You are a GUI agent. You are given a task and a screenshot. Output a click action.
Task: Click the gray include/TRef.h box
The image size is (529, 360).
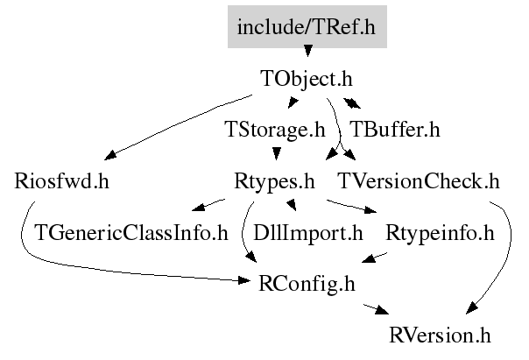click(x=307, y=26)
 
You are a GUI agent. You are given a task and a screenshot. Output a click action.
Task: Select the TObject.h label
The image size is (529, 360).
click(x=307, y=79)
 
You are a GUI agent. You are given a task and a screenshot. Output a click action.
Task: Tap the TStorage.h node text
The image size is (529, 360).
click(x=275, y=130)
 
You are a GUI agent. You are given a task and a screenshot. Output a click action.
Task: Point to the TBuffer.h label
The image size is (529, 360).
click(x=395, y=130)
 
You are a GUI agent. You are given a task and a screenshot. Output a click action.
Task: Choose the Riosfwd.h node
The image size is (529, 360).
click(x=61, y=181)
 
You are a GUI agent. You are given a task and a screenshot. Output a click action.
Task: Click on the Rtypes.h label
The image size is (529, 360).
click(x=274, y=182)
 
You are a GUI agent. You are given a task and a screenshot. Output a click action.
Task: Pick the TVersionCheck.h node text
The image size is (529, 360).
click(x=419, y=181)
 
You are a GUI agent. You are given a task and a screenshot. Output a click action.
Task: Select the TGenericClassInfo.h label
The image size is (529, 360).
click(x=131, y=233)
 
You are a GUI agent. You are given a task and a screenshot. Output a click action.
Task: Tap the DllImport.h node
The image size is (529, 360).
click(x=308, y=234)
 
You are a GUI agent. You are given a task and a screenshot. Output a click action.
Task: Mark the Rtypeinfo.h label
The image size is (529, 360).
click(x=440, y=234)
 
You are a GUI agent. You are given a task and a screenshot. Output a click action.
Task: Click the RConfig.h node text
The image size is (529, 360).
click(x=307, y=284)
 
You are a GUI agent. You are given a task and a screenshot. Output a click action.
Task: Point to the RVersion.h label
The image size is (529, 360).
click(x=440, y=335)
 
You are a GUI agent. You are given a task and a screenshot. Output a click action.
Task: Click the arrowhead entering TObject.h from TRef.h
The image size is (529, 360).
click(x=307, y=51)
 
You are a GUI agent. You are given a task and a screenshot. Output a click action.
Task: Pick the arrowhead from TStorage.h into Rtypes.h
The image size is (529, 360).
click(x=277, y=154)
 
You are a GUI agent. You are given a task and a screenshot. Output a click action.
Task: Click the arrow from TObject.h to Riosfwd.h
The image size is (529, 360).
click(x=177, y=126)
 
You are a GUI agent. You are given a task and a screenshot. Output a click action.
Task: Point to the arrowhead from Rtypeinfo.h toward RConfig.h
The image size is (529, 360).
click(x=369, y=258)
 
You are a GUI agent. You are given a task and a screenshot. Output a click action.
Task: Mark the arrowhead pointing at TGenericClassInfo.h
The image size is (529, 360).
click(x=198, y=207)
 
